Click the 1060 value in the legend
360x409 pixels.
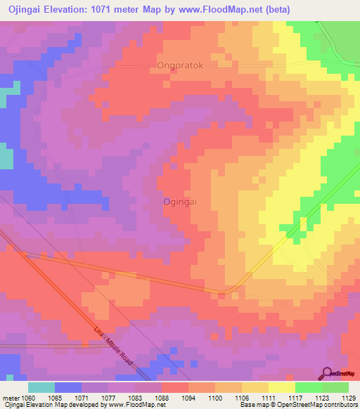[x=28, y=398]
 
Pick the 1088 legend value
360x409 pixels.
[x=162, y=398]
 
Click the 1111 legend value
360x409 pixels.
[x=269, y=398]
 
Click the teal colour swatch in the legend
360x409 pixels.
[x=41, y=387]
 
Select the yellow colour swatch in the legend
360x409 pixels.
[x=282, y=387]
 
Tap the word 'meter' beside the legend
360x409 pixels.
[x=10, y=398]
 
